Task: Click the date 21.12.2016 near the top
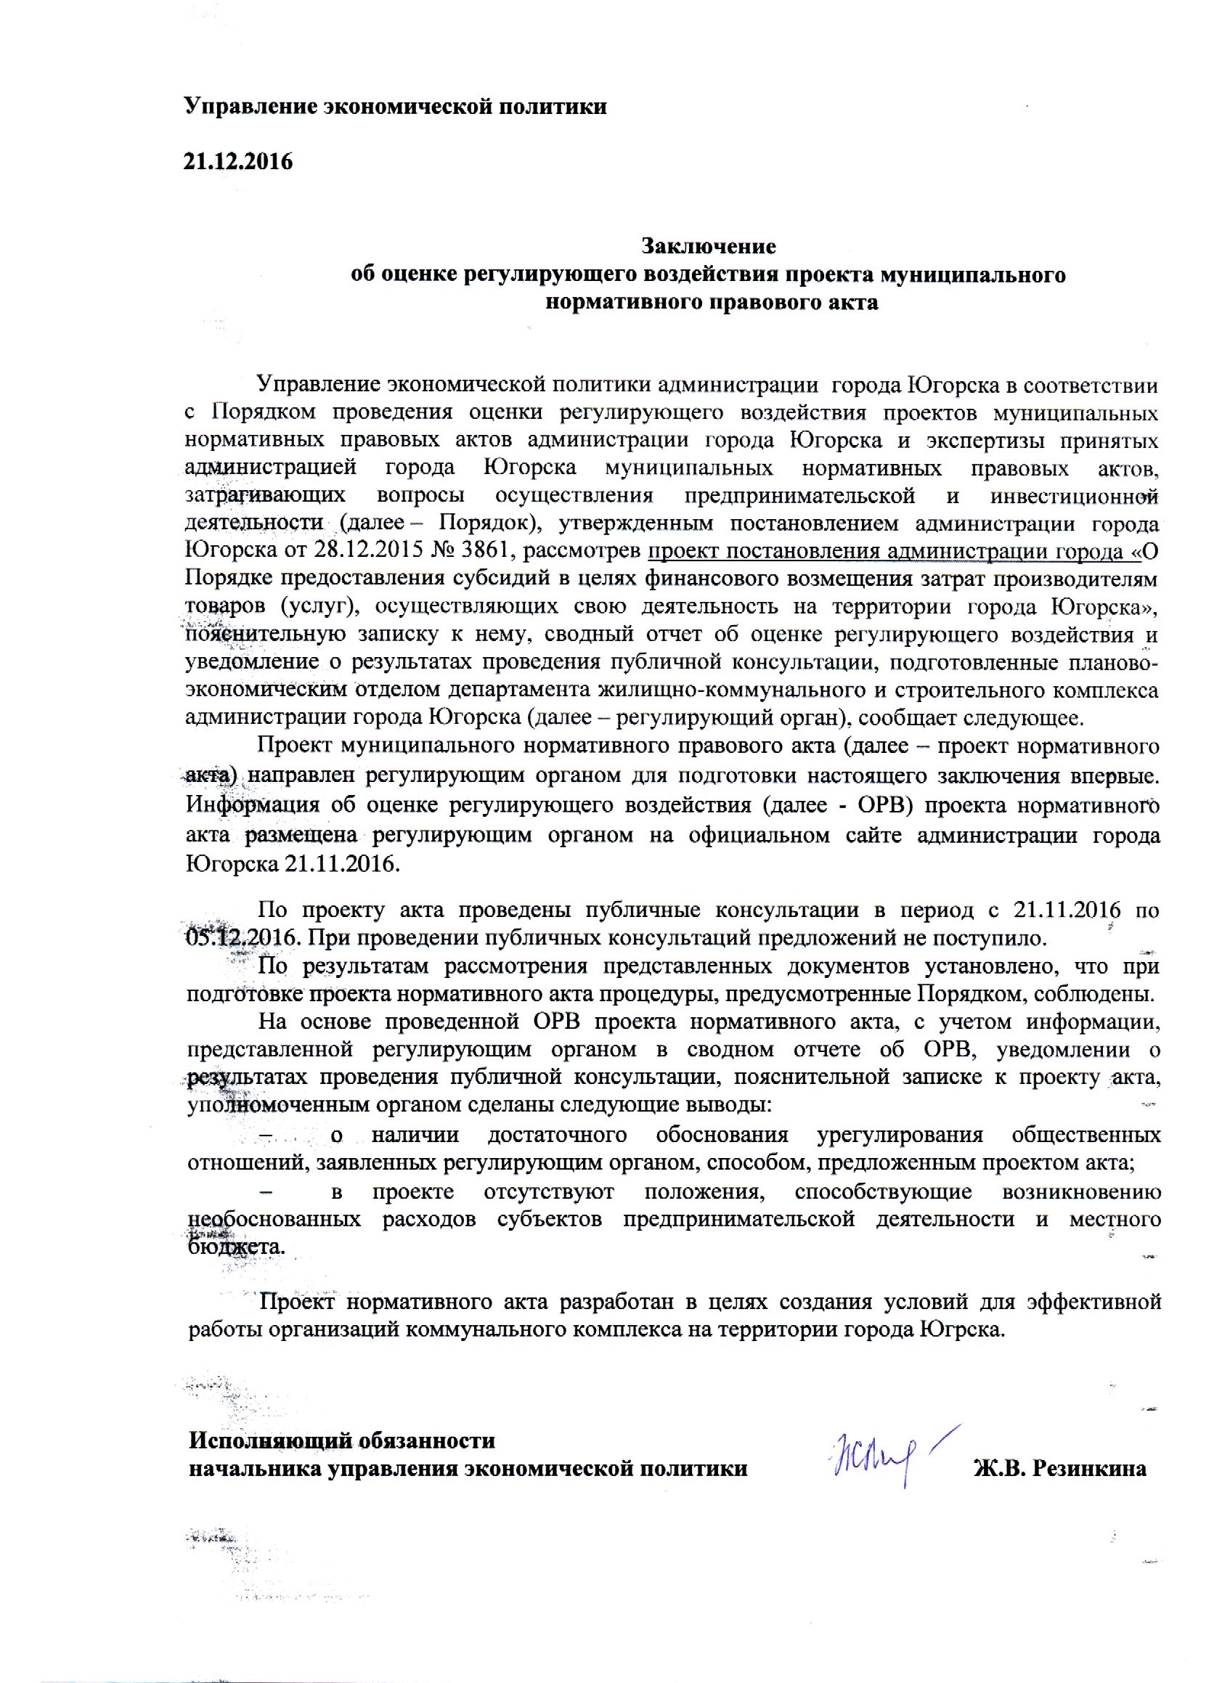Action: (238, 161)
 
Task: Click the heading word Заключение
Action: (709, 245)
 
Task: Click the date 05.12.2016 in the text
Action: (242, 937)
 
